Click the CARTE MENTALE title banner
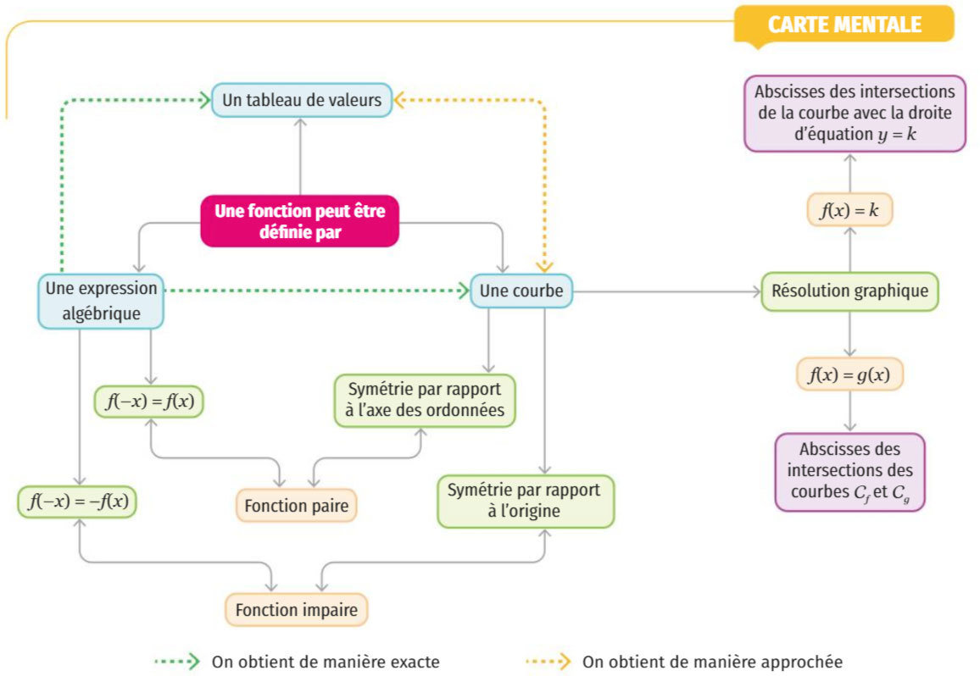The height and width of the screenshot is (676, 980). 844,25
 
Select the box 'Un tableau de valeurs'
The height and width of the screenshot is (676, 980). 301,100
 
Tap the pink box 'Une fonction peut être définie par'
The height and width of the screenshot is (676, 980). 299,221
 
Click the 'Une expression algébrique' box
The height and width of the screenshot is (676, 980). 101,301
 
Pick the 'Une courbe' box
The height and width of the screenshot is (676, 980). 521,291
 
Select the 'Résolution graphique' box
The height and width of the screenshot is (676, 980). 849,291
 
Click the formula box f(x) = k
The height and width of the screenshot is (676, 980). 849,209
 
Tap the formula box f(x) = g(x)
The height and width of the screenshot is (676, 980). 849,374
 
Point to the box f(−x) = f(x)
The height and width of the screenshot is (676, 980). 150,402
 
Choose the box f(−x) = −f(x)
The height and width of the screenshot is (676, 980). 77,501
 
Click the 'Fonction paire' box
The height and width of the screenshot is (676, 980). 296,506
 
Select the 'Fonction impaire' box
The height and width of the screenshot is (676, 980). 296,609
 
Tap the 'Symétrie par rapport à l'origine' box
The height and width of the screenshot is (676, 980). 525,501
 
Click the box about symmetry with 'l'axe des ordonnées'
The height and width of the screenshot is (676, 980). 425,400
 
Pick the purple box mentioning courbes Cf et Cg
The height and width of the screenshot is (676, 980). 849,472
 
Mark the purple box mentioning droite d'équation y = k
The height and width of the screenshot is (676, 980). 855,114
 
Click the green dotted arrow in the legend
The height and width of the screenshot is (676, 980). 176,661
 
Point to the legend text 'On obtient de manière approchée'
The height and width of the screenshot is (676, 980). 713,661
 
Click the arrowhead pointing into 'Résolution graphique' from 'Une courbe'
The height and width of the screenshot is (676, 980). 755,291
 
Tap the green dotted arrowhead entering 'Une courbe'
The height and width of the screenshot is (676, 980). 463,291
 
